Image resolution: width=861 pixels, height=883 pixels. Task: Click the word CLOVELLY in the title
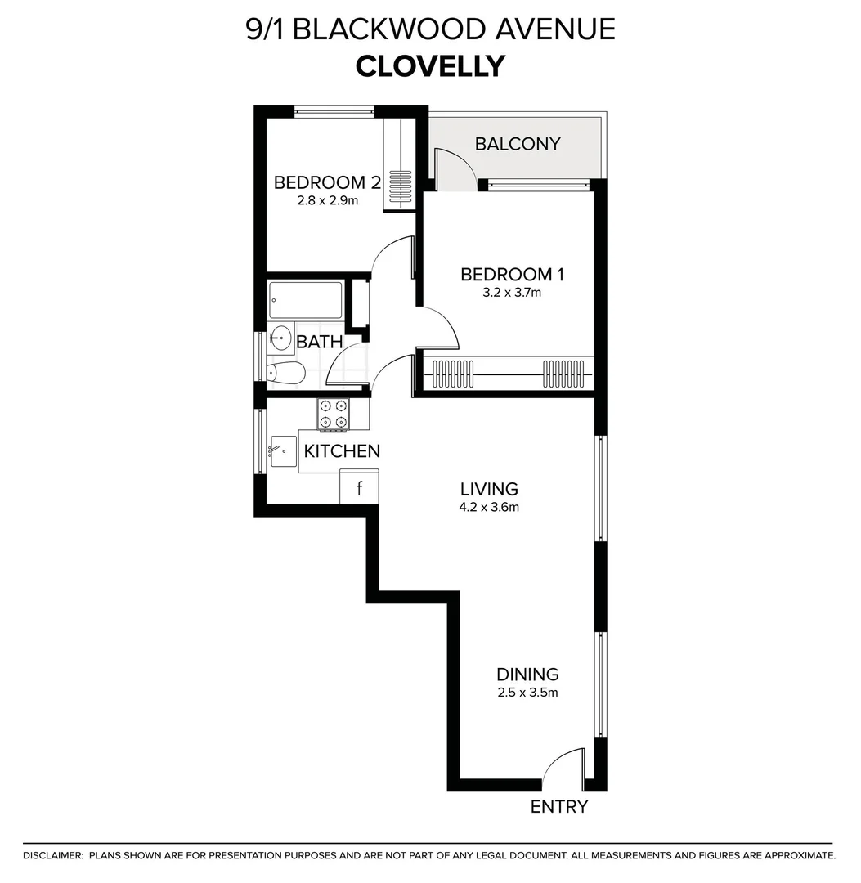(x=430, y=66)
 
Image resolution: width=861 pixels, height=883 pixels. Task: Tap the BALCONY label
(x=518, y=144)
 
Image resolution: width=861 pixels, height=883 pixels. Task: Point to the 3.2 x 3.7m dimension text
(x=500, y=292)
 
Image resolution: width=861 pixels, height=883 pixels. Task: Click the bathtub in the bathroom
(x=306, y=300)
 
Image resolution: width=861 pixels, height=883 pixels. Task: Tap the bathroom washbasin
(x=280, y=337)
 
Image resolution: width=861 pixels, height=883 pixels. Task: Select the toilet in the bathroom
(x=286, y=373)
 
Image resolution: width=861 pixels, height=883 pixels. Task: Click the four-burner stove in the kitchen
(x=333, y=414)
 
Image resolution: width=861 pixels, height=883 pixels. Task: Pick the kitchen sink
(x=283, y=451)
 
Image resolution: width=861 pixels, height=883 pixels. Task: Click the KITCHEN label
(x=342, y=450)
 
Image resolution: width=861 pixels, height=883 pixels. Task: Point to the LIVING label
(x=489, y=489)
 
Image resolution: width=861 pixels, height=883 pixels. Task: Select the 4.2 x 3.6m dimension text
(x=489, y=507)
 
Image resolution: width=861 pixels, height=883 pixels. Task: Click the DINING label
(x=527, y=675)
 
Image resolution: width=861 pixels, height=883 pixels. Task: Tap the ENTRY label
(x=559, y=807)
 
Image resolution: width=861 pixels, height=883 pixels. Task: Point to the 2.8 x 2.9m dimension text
(x=327, y=199)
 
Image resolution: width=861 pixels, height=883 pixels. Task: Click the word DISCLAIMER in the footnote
(x=53, y=855)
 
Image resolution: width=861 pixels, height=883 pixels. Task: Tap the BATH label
(x=319, y=342)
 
